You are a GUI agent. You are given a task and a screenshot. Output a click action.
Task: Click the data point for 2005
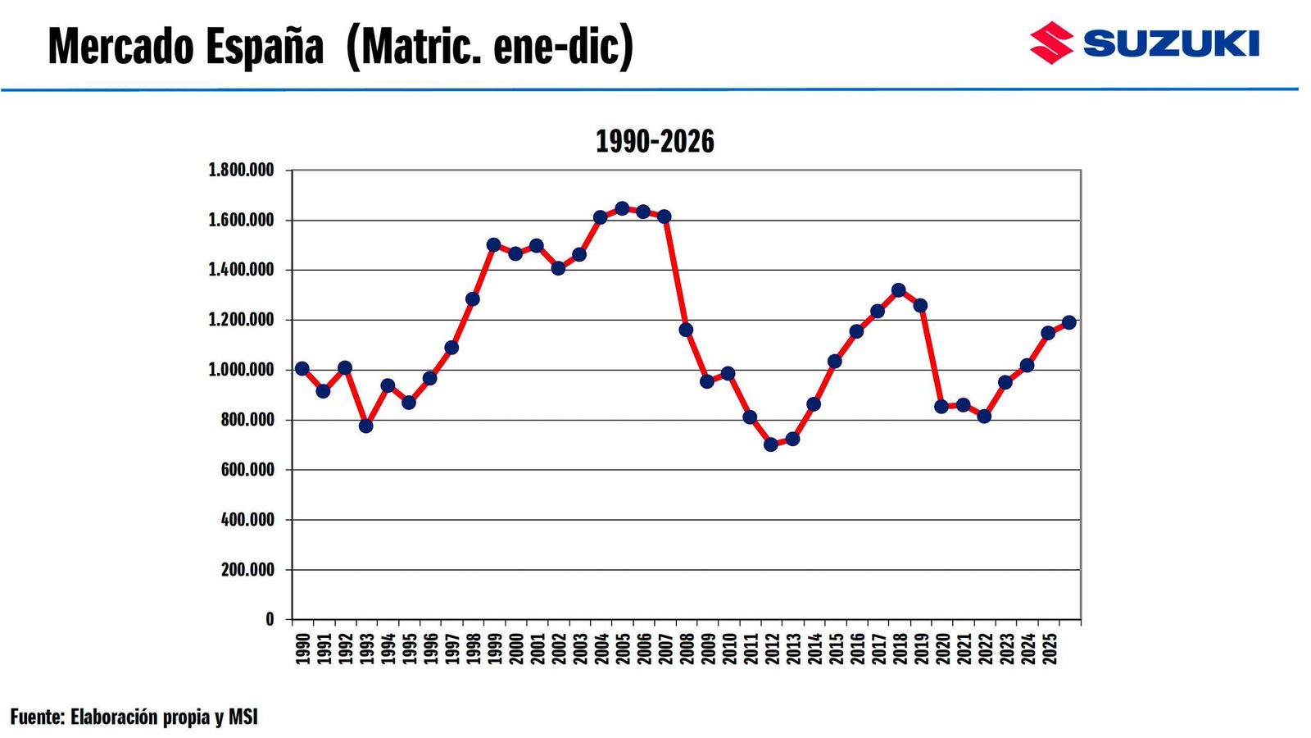tap(622, 208)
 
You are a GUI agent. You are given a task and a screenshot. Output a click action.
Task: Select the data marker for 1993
tap(366, 426)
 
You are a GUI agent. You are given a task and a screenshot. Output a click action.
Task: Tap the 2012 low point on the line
tap(771, 444)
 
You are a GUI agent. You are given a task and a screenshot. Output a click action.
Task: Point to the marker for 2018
tap(899, 290)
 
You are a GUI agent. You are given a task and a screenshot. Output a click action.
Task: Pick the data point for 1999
tap(493, 244)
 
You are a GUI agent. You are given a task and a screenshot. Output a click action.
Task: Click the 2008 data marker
tap(686, 330)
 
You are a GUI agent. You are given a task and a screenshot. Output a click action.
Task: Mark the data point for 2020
tap(941, 406)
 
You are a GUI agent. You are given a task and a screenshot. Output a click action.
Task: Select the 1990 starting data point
tap(302, 369)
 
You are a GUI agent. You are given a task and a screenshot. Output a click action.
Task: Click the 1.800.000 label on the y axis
tap(241, 171)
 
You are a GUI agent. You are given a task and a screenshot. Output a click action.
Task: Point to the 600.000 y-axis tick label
tap(247, 470)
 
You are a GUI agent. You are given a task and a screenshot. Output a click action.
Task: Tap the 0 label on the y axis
tap(270, 619)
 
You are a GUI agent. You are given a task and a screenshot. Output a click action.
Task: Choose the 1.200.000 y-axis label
tap(241, 320)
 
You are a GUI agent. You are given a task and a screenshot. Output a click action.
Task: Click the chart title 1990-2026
tap(655, 142)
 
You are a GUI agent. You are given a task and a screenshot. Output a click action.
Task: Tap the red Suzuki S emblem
tap(1051, 43)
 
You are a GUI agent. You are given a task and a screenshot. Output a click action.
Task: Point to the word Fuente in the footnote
tap(37, 717)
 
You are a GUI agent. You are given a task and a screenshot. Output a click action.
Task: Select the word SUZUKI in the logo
tap(1171, 43)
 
